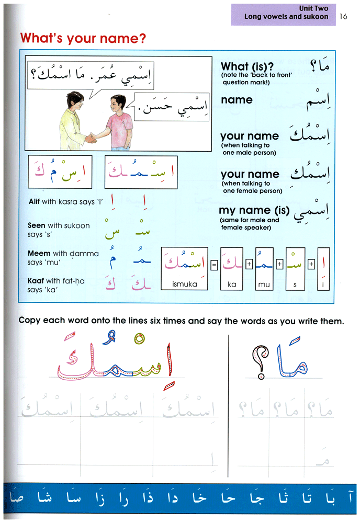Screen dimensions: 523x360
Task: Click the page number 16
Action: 343,16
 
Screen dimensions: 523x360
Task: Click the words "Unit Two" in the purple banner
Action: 313,8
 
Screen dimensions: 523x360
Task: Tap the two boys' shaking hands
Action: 92,138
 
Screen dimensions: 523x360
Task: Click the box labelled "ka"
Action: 231,267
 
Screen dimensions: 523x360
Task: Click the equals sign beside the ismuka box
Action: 214,265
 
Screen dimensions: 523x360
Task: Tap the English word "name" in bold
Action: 237,99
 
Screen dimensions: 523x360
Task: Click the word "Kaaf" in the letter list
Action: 36,281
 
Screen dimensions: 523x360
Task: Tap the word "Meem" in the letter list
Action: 38,254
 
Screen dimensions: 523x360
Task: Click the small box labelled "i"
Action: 323,267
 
